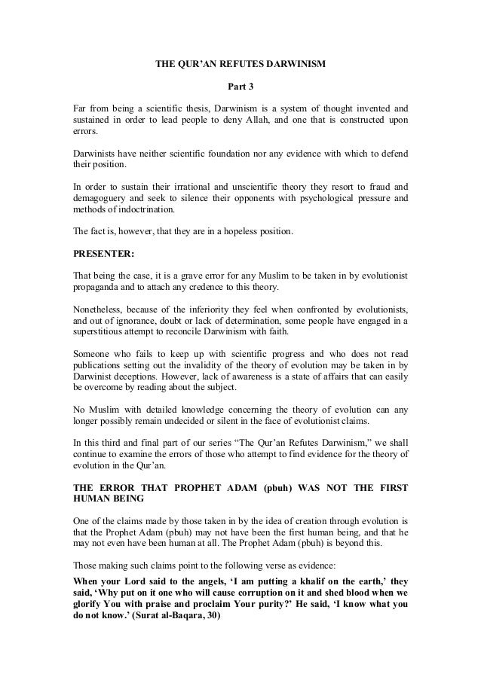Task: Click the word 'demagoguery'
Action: (x=100, y=198)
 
